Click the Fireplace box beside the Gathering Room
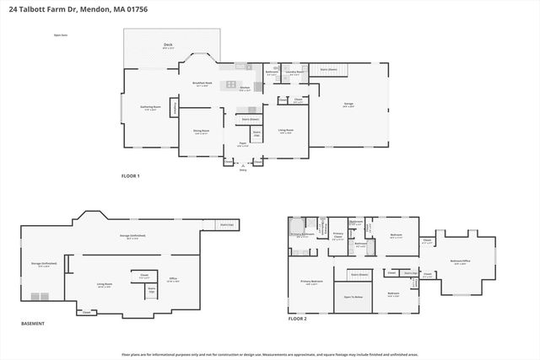coord(175,107)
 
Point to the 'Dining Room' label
coord(202,131)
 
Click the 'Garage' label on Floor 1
coord(348,104)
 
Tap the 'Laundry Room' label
coord(294,73)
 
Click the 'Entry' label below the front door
coord(243,169)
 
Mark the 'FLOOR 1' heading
coord(131,175)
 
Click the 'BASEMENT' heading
coord(33,323)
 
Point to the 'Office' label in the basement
coord(172,279)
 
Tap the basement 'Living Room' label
coord(105,284)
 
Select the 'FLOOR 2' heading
coord(297,319)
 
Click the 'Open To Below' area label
coord(354,297)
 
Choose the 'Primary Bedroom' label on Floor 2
coord(311,282)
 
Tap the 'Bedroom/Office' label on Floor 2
coord(460,261)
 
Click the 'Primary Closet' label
coord(337,236)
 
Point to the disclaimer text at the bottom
coord(269,354)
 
